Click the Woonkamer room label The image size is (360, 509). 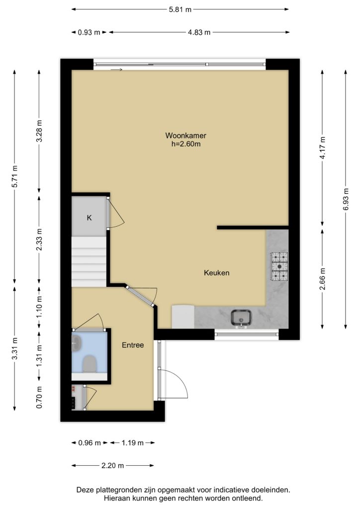[x=185, y=135]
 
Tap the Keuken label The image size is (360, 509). [x=216, y=273]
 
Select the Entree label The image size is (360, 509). [x=133, y=345]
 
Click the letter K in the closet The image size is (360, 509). [x=90, y=218]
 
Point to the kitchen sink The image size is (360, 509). [x=241, y=318]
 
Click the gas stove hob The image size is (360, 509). [x=279, y=266]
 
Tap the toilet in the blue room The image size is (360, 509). [x=90, y=363]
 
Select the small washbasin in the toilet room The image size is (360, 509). [x=76, y=342]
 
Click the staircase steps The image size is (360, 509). [x=89, y=261]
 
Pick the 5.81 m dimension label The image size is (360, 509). [x=180, y=9]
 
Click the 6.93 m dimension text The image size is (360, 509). [x=346, y=199]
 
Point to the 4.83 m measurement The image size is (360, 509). [x=199, y=32]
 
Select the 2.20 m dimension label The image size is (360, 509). [x=113, y=465]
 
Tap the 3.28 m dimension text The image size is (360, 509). [x=39, y=131]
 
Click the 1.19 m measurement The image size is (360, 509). [x=132, y=443]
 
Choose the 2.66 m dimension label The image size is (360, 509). [x=322, y=280]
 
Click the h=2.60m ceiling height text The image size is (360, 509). [x=186, y=144]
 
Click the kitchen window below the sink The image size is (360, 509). [x=247, y=334]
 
